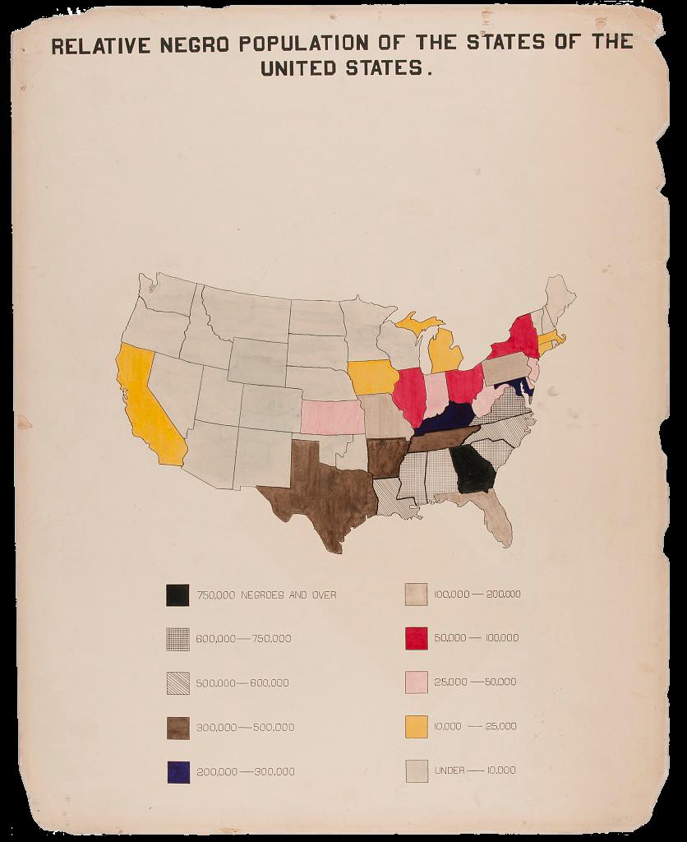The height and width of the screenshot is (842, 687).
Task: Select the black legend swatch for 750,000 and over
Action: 178,594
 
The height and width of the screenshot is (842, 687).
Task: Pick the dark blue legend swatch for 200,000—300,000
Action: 178,771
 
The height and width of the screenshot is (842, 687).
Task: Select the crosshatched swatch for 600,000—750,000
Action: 178,638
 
